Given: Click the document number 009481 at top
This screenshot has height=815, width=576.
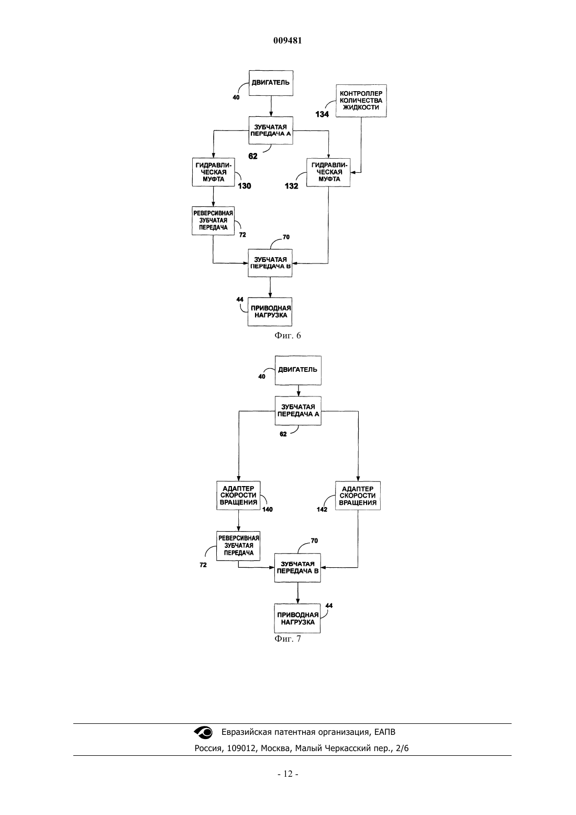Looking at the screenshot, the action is click(x=287, y=40).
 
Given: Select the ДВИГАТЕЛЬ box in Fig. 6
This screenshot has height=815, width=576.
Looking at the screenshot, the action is click(x=271, y=83).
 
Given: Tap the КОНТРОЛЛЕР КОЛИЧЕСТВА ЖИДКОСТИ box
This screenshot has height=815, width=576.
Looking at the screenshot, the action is click(x=361, y=101).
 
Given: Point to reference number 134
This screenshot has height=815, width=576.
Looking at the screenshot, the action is click(x=322, y=114).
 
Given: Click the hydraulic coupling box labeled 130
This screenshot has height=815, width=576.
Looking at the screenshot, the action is click(x=214, y=172).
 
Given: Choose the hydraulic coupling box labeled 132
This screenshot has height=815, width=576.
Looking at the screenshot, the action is click(x=328, y=172).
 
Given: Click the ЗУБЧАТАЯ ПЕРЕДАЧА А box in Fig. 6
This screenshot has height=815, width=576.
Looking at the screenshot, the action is click(x=271, y=130).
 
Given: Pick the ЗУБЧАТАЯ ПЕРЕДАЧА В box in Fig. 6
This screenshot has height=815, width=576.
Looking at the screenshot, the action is click(x=270, y=263).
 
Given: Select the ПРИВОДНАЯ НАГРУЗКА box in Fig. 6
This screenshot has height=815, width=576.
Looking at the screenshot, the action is click(x=270, y=312).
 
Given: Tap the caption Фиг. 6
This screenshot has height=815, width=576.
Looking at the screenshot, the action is click(x=287, y=335).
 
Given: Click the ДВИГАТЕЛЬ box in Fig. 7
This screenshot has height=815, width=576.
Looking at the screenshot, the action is click(x=298, y=370).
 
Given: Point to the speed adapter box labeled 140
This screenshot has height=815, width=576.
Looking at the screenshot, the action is click(x=239, y=495).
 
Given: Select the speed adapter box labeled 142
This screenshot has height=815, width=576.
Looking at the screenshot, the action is click(x=358, y=495).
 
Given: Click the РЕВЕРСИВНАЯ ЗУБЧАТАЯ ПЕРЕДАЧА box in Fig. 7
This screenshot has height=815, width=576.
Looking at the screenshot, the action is click(x=239, y=545).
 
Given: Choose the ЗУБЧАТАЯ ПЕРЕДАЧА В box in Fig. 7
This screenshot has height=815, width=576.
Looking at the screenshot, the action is click(x=297, y=568).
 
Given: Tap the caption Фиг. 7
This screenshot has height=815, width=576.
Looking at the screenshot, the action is click(x=287, y=639).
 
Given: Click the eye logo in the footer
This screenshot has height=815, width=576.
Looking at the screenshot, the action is click(x=203, y=732).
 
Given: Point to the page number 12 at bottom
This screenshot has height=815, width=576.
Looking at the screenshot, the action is click(x=288, y=774).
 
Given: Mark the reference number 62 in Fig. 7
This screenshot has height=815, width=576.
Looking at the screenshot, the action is click(x=283, y=434).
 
